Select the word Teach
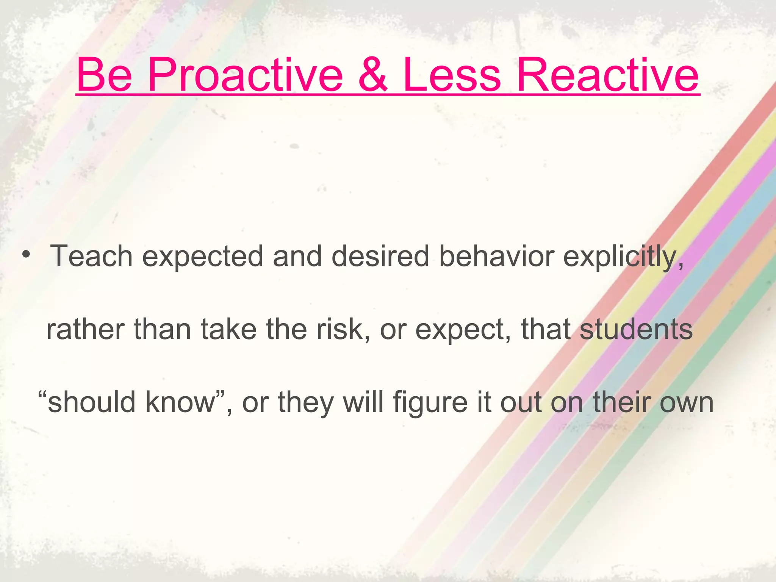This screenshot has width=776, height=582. tap(91, 256)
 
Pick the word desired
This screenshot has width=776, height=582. tap(380, 256)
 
